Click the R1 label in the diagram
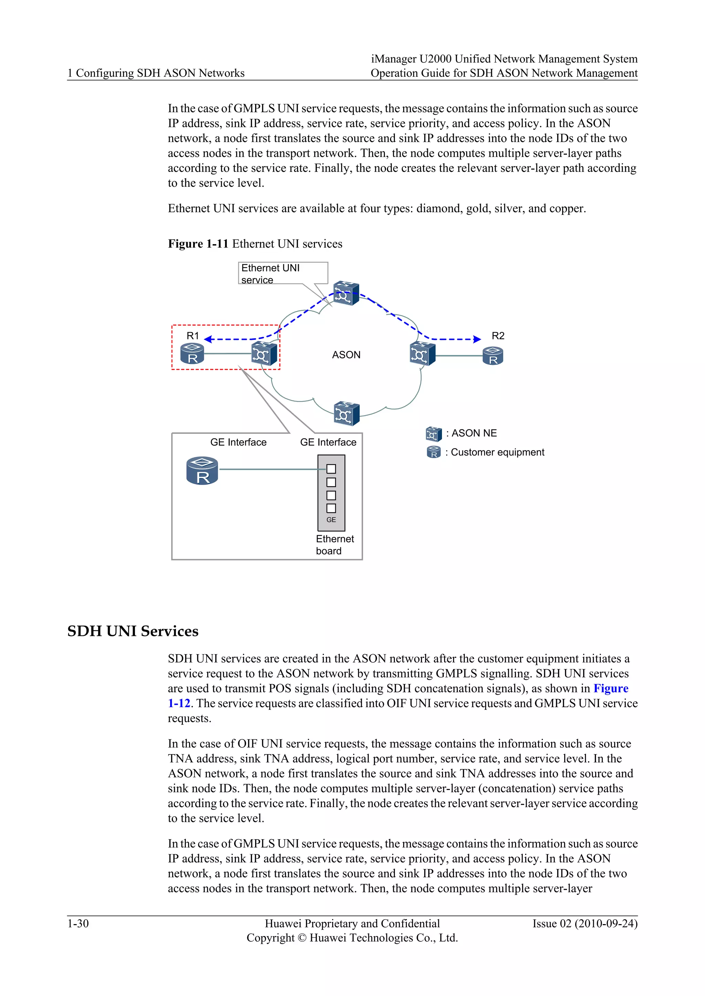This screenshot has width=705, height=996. point(192,336)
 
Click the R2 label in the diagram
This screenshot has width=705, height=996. point(497,336)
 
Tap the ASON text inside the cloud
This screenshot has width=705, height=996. point(346,355)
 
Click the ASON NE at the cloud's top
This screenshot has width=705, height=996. point(346,294)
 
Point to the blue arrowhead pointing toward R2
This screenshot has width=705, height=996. point(477,339)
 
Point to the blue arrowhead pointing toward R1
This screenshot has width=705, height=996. point(208,339)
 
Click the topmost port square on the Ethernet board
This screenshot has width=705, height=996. point(331,469)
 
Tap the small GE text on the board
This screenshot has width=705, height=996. point(331,520)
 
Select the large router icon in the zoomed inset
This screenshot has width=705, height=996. point(202,471)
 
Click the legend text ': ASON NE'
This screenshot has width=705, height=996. point(472,433)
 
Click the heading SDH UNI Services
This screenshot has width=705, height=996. point(133,631)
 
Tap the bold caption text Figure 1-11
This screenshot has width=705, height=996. point(198,244)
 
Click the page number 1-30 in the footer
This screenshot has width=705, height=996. point(78,923)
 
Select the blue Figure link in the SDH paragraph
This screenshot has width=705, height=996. point(610,689)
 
